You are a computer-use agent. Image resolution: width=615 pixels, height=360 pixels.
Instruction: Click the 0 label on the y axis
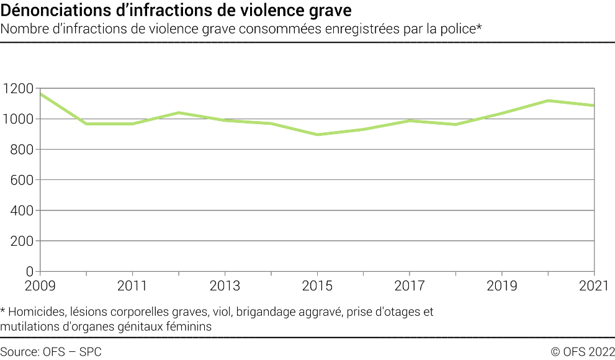point(29,271)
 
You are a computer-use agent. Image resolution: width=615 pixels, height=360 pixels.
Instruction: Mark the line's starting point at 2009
point(40,94)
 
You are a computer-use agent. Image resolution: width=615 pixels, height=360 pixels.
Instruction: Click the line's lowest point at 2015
point(317,135)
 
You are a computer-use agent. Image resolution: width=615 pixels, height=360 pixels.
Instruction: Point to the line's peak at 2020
point(548,101)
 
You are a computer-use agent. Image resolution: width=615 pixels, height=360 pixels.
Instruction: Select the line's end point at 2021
point(594,106)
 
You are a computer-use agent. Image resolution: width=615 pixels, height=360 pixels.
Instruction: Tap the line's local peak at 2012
point(179,112)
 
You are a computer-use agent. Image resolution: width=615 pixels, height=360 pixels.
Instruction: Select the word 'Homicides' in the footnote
point(37,312)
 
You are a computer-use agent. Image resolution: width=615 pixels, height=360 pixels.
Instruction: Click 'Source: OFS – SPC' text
point(51,352)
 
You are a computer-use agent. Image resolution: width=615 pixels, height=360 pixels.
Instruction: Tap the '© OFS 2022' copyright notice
point(582,352)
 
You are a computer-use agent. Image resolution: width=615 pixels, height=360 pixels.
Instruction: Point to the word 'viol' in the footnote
point(225,312)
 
